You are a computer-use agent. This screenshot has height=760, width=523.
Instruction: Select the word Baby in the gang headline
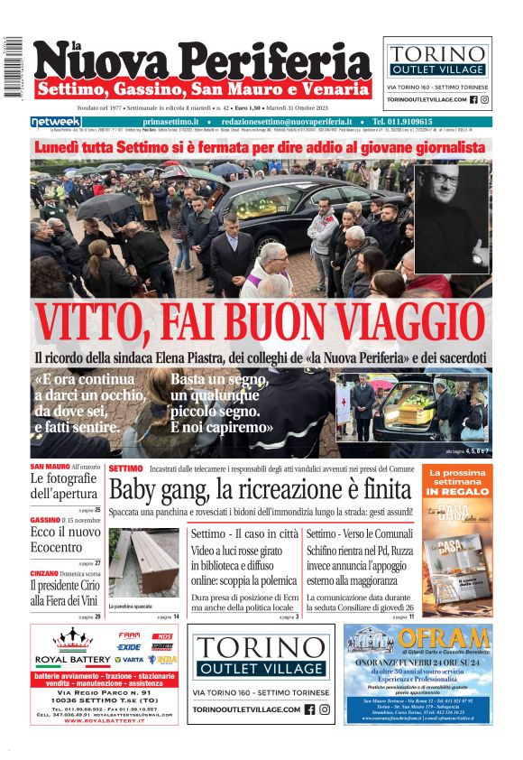point(133,490)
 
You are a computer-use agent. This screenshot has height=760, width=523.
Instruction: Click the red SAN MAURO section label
point(50,467)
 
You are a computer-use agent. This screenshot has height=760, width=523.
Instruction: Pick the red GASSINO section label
point(44,521)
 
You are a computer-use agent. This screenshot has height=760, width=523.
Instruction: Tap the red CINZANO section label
point(44,574)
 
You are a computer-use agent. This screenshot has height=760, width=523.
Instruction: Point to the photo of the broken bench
point(143,564)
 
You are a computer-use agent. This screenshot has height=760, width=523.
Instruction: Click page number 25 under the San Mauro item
point(97,510)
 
